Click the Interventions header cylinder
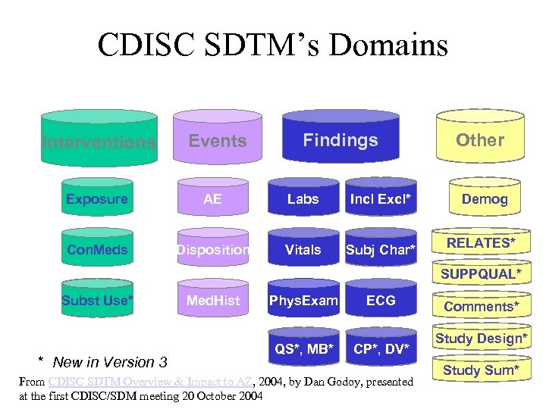[99, 141]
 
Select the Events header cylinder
[218, 141]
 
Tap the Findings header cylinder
[340, 140]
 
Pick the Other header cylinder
[480, 140]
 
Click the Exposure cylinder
[96, 199]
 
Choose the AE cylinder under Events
[213, 199]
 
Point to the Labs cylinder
[303, 199]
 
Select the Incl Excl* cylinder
[380, 199]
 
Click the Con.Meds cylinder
[96, 250]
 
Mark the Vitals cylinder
[303, 250]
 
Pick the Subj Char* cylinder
[380, 250]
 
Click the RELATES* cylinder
[481, 243]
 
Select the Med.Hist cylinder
[213, 301]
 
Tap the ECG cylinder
[380, 301]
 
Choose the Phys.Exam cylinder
[303, 301]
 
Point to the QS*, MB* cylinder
[303, 348]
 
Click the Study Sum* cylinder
[481, 370]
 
